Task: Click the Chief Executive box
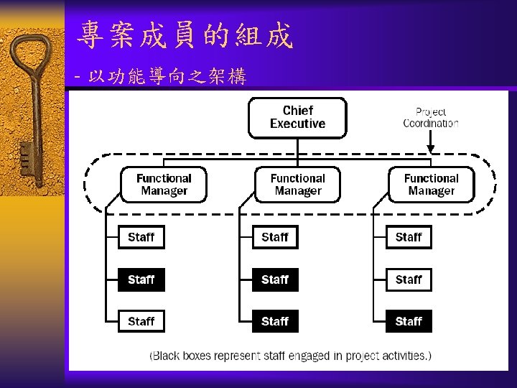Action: [x=297, y=117]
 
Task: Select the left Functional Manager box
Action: [x=164, y=185]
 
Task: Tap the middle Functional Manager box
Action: [x=297, y=185]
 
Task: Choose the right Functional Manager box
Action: [x=431, y=185]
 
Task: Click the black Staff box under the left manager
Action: [x=141, y=280]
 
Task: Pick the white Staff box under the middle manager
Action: [x=274, y=237]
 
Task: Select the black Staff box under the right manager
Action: [x=408, y=321]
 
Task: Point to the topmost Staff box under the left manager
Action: [x=141, y=237]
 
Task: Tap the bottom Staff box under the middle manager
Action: [x=274, y=321]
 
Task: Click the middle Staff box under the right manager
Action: [x=408, y=280]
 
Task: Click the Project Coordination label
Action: [x=431, y=117]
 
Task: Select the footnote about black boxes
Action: [x=290, y=355]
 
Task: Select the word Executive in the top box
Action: [x=297, y=124]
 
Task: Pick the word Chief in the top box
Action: [x=297, y=110]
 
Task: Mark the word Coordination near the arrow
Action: [x=431, y=123]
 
